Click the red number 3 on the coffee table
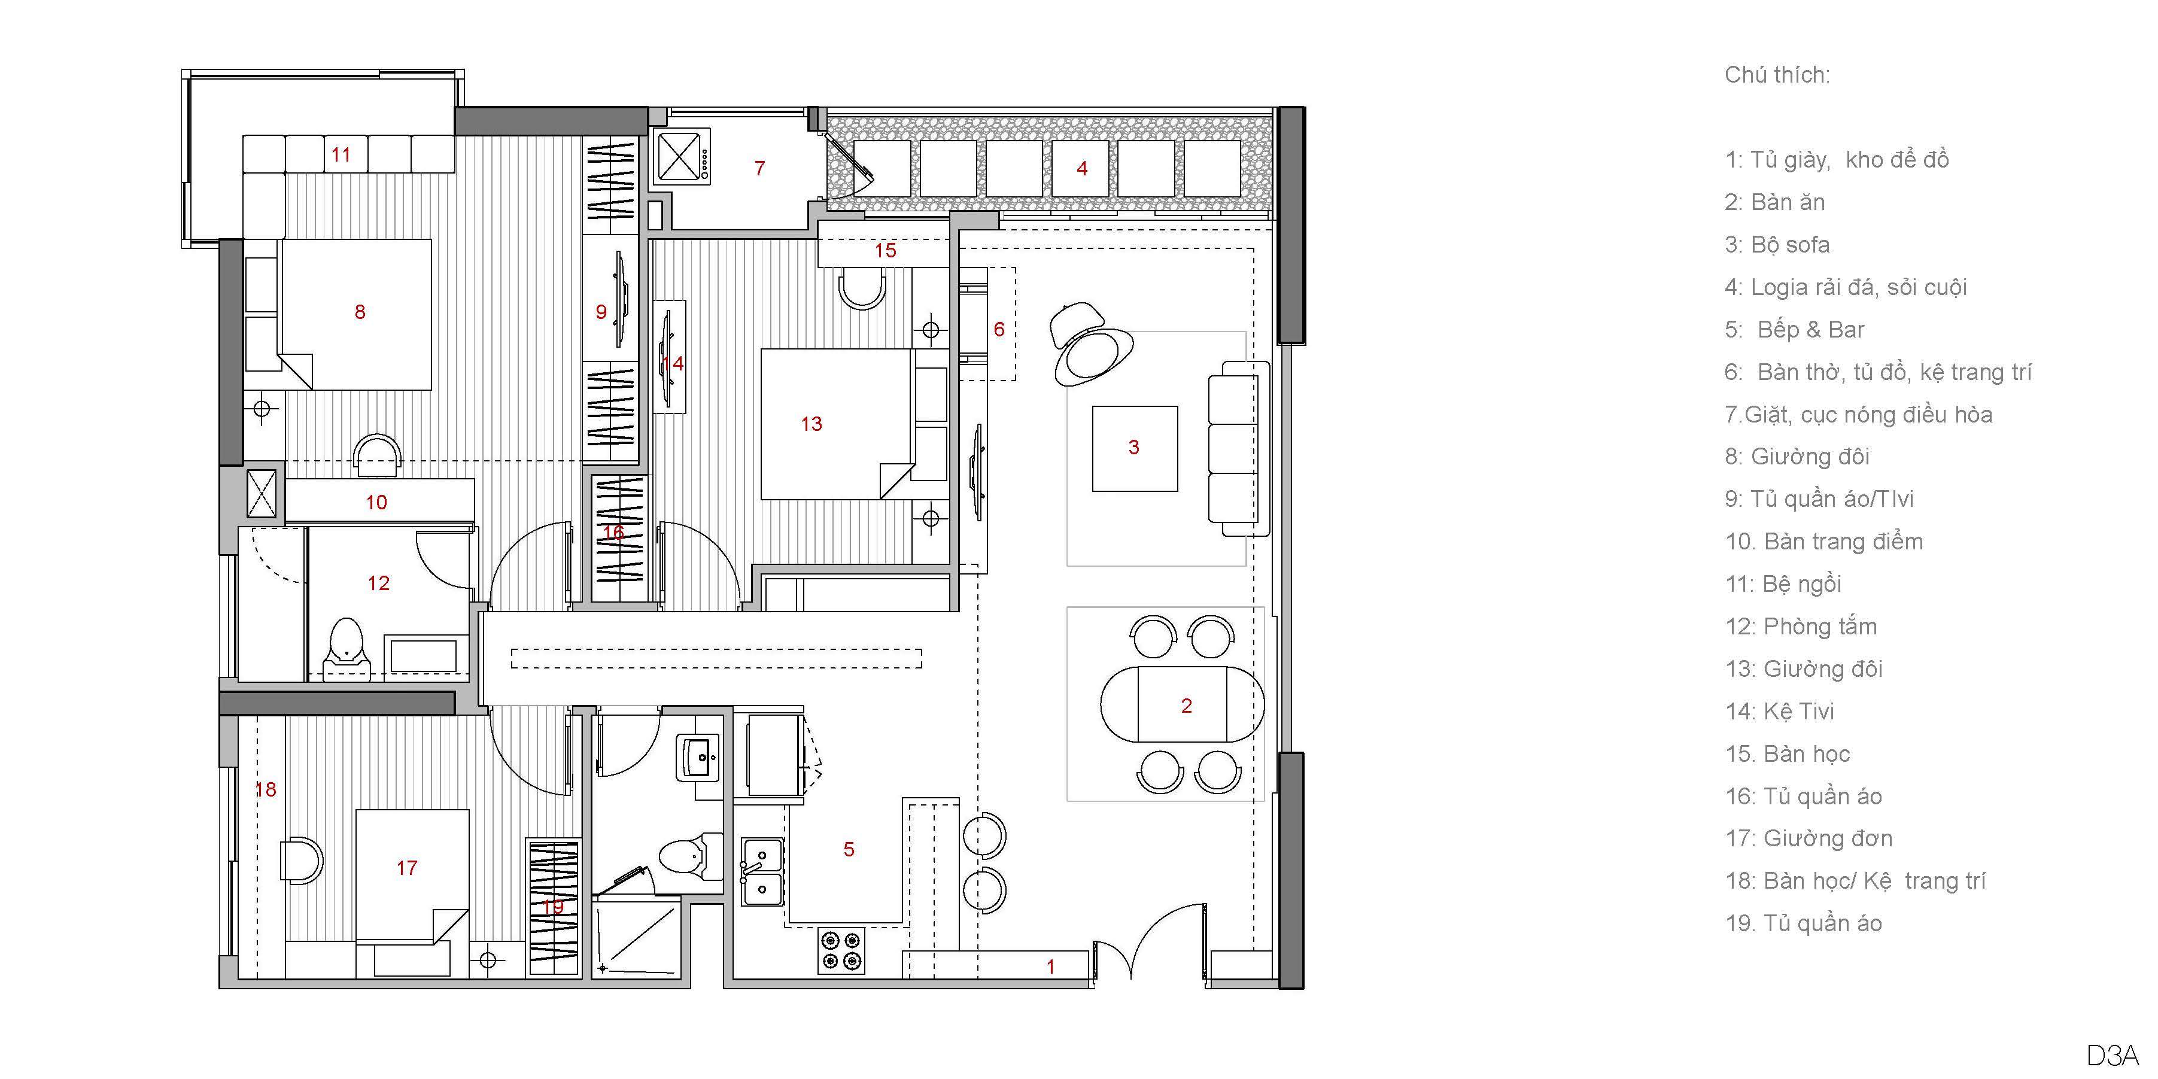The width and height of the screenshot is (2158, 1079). [x=1133, y=448]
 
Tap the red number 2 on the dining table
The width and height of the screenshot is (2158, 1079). [x=1186, y=706]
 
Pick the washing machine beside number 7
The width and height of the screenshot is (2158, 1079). [x=683, y=156]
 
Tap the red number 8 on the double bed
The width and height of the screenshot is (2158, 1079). [x=360, y=312]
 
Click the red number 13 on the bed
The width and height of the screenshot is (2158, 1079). [x=811, y=424]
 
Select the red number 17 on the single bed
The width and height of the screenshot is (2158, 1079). [x=406, y=868]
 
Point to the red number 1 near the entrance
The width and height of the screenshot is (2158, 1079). [x=1050, y=966]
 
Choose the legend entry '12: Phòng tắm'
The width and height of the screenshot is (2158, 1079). [x=1801, y=627]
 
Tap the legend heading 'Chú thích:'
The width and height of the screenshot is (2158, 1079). [x=1777, y=75]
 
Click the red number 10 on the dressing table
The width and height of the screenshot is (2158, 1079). [x=376, y=503]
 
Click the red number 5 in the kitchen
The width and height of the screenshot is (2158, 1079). [x=849, y=849]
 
